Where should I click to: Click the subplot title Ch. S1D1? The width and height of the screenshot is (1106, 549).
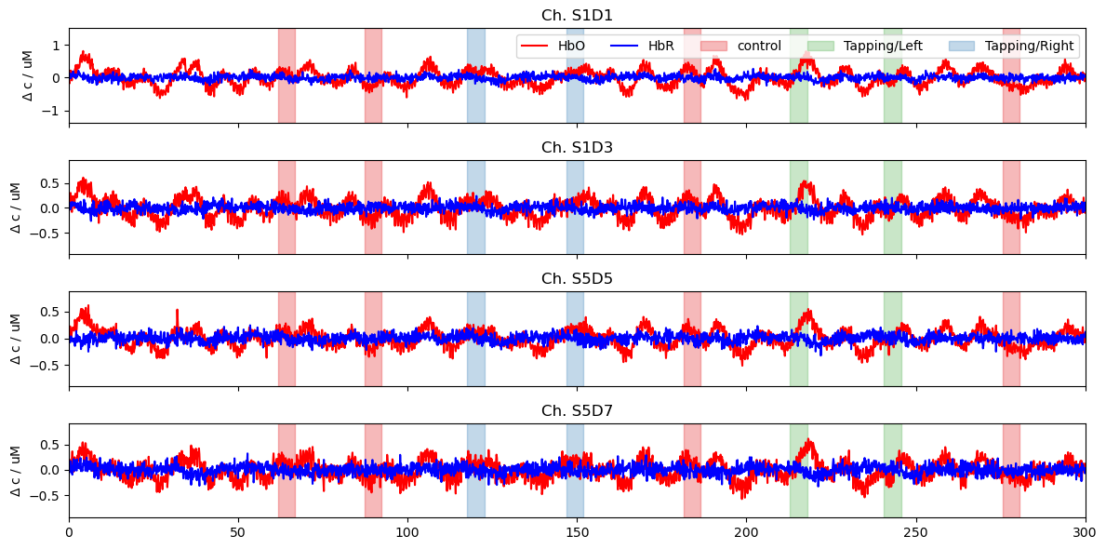(577, 16)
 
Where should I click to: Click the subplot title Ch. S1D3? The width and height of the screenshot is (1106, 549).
(577, 148)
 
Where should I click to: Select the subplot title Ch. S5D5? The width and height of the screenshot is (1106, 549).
(577, 279)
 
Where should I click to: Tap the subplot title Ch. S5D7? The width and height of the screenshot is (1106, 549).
(577, 411)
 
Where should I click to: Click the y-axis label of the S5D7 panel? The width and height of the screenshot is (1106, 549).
(17, 471)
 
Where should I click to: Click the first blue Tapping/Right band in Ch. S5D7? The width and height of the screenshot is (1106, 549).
(475, 471)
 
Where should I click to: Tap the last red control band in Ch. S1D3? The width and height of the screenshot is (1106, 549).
(1011, 207)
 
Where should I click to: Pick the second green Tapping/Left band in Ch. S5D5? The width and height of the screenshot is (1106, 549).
(892, 339)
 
